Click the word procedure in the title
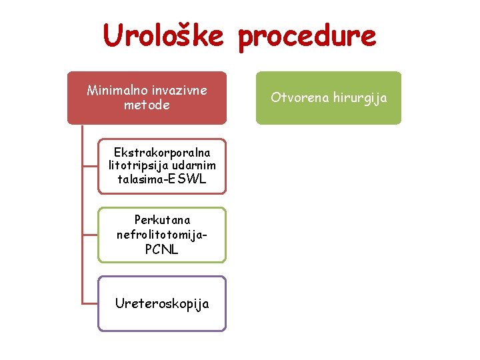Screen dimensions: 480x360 (x=307, y=37)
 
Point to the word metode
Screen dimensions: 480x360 (x=147, y=105)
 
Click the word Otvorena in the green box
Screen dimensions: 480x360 (x=297, y=98)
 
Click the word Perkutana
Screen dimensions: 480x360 (x=162, y=220)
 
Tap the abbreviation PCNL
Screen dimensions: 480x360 (x=162, y=249)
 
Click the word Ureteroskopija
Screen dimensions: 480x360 (x=162, y=304)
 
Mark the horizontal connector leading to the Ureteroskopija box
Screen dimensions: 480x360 (x=89, y=304)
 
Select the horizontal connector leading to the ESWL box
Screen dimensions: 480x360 (x=89, y=165)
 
